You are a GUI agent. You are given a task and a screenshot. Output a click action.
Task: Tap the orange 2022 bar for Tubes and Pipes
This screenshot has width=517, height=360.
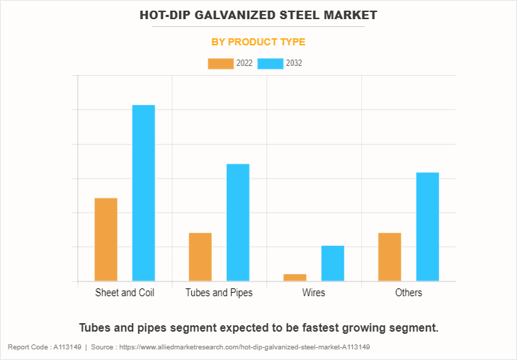point(200,257)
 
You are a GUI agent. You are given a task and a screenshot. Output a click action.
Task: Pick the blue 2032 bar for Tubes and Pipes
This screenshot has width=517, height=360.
point(238,223)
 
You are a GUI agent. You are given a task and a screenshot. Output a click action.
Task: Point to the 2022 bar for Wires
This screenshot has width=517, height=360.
point(295,277)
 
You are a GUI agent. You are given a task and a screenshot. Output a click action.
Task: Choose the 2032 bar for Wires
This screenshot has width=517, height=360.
point(333,263)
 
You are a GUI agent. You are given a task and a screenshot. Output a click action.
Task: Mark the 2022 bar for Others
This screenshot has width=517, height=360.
point(390,257)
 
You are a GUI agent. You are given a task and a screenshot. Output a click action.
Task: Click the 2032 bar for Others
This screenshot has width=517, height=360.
point(428,227)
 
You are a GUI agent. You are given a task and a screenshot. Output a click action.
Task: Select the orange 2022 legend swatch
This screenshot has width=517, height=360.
point(220,64)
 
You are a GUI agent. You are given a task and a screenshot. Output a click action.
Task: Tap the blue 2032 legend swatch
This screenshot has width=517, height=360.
point(270,64)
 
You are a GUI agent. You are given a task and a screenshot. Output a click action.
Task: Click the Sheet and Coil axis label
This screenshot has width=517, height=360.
point(125,293)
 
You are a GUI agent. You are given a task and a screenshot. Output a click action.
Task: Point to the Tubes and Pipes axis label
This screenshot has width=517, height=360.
point(219,293)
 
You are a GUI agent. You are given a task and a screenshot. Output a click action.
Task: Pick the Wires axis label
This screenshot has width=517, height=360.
point(314,293)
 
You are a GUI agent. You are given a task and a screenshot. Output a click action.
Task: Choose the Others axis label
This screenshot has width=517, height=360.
point(409,293)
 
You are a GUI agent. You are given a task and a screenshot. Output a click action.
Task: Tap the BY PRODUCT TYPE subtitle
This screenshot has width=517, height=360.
point(258,42)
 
